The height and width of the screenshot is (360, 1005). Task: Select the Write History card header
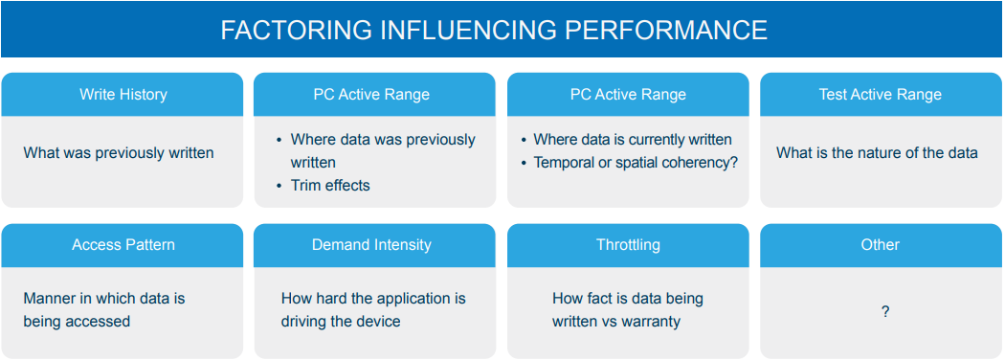123,95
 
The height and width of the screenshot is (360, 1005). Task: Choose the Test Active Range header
880,95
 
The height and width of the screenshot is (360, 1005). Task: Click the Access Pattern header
123,245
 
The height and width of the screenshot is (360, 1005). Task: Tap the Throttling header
628,245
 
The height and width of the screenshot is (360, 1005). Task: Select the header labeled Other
880,245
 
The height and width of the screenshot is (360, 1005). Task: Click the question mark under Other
885,312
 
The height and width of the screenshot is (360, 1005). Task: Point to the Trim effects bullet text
330,186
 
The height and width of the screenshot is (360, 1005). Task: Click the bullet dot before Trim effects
279,186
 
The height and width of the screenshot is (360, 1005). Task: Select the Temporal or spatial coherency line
636,163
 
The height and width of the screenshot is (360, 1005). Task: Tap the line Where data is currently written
633,139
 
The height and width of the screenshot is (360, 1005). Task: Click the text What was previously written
119,153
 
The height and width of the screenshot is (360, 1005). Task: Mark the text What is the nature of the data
877,153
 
